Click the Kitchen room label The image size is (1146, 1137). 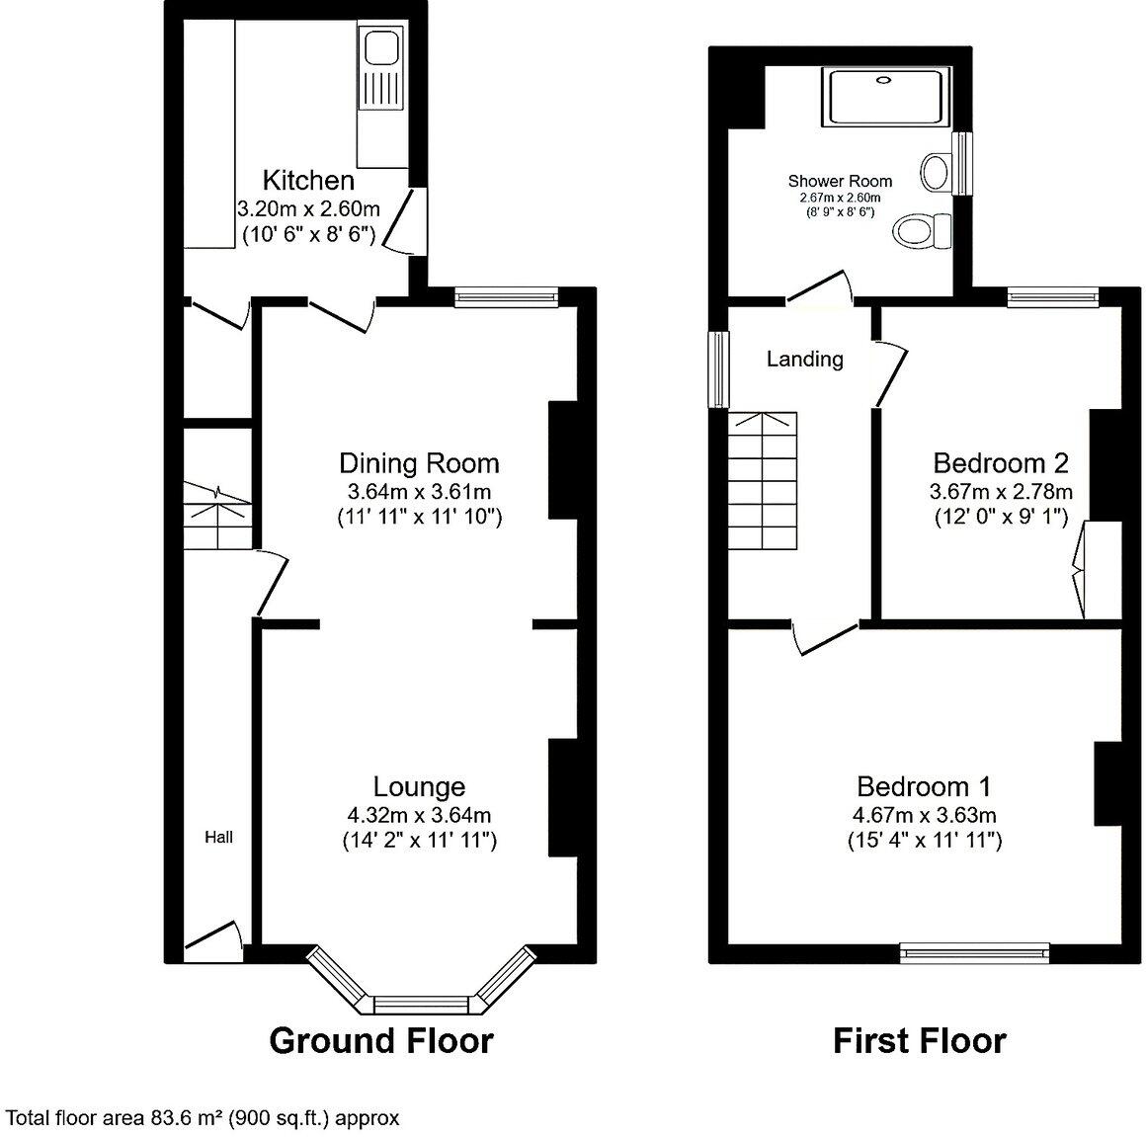pyautogui.click(x=307, y=180)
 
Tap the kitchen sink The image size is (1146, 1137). pyautogui.click(x=379, y=48)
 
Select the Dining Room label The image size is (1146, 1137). pyautogui.click(x=419, y=462)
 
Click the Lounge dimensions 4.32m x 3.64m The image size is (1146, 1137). pyautogui.click(x=419, y=815)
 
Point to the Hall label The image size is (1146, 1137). pyautogui.click(x=218, y=838)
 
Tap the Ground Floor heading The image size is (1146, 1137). pyautogui.click(x=380, y=1040)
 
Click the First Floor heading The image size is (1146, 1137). pyautogui.click(x=919, y=1040)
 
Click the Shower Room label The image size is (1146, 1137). pyautogui.click(x=840, y=181)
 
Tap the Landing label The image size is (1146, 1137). pyautogui.click(x=804, y=359)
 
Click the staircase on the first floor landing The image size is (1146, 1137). pyautogui.click(x=763, y=481)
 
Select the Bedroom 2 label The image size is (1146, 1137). pyautogui.click(x=1001, y=462)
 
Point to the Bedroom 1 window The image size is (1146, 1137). pyautogui.click(x=973, y=952)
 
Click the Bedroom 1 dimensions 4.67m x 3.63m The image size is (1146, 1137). pyautogui.click(x=924, y=815)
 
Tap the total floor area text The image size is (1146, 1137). pyautogui.click(x=203, y=1117)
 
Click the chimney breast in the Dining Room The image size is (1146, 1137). pyautogui.click(x=562, y=459)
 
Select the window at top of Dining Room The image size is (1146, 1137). pyautogui.click(x=506, y=296)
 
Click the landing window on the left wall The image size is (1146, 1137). pyautogui.click(x=718, y=367)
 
